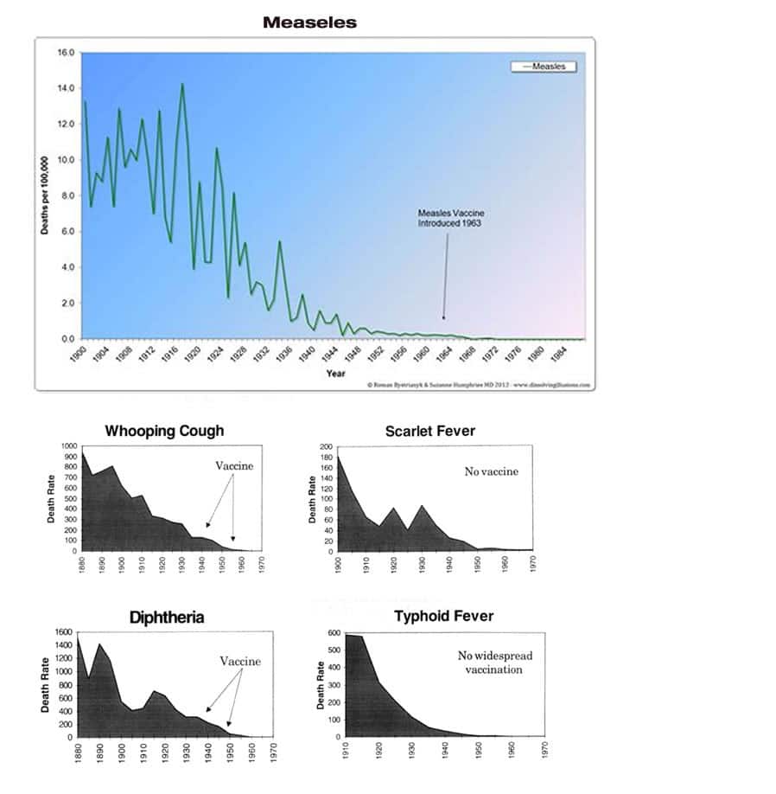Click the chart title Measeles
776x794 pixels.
(x=309, y=23)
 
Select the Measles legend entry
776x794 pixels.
(x=548, y=67)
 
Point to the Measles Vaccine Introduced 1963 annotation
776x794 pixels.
(x=448, y=217)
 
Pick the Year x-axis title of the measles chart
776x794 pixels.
(x=335, y=373)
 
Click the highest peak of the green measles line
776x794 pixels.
(x=181, y=84)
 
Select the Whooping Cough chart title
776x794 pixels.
(x=163, y=431)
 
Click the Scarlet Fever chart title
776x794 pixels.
(x=429, y=431)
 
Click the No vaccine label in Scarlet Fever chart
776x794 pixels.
(x=491, y=471)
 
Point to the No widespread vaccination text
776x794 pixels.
(x=494, y=663)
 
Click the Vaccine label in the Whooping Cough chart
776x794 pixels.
(x=234, y=466)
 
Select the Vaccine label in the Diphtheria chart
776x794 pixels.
(x=239, y=662)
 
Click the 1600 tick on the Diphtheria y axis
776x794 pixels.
(x=64, y=633)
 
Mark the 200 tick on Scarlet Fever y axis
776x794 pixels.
(x=327, y=447)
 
